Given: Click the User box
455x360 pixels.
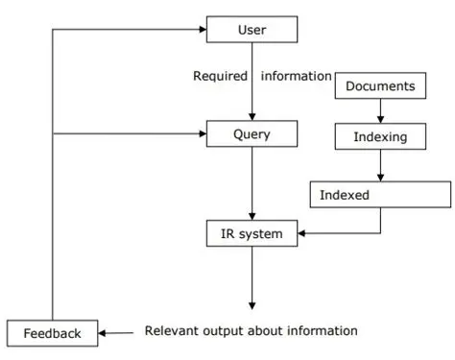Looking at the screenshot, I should (x=251, y=31).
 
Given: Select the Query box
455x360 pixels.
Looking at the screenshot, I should (x=251, y=134).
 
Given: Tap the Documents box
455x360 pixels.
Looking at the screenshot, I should (x=380, y=86).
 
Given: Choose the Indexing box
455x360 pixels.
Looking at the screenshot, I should (x=380, y=136).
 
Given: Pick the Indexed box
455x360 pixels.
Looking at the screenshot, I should (x=380, y=194).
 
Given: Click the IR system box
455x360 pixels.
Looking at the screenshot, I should (x=251, y=232).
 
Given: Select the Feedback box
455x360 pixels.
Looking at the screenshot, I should (x=53, y=333).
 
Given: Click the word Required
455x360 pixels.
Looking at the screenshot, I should (x=220, y=76).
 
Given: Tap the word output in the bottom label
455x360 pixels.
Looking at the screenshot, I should (x=222, y=331).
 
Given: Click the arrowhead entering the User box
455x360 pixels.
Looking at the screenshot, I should (x=202, y=31).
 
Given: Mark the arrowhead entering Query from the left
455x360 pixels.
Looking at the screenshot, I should (x=202, y=134).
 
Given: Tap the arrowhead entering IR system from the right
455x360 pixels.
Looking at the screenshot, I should (x=302, y=232).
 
